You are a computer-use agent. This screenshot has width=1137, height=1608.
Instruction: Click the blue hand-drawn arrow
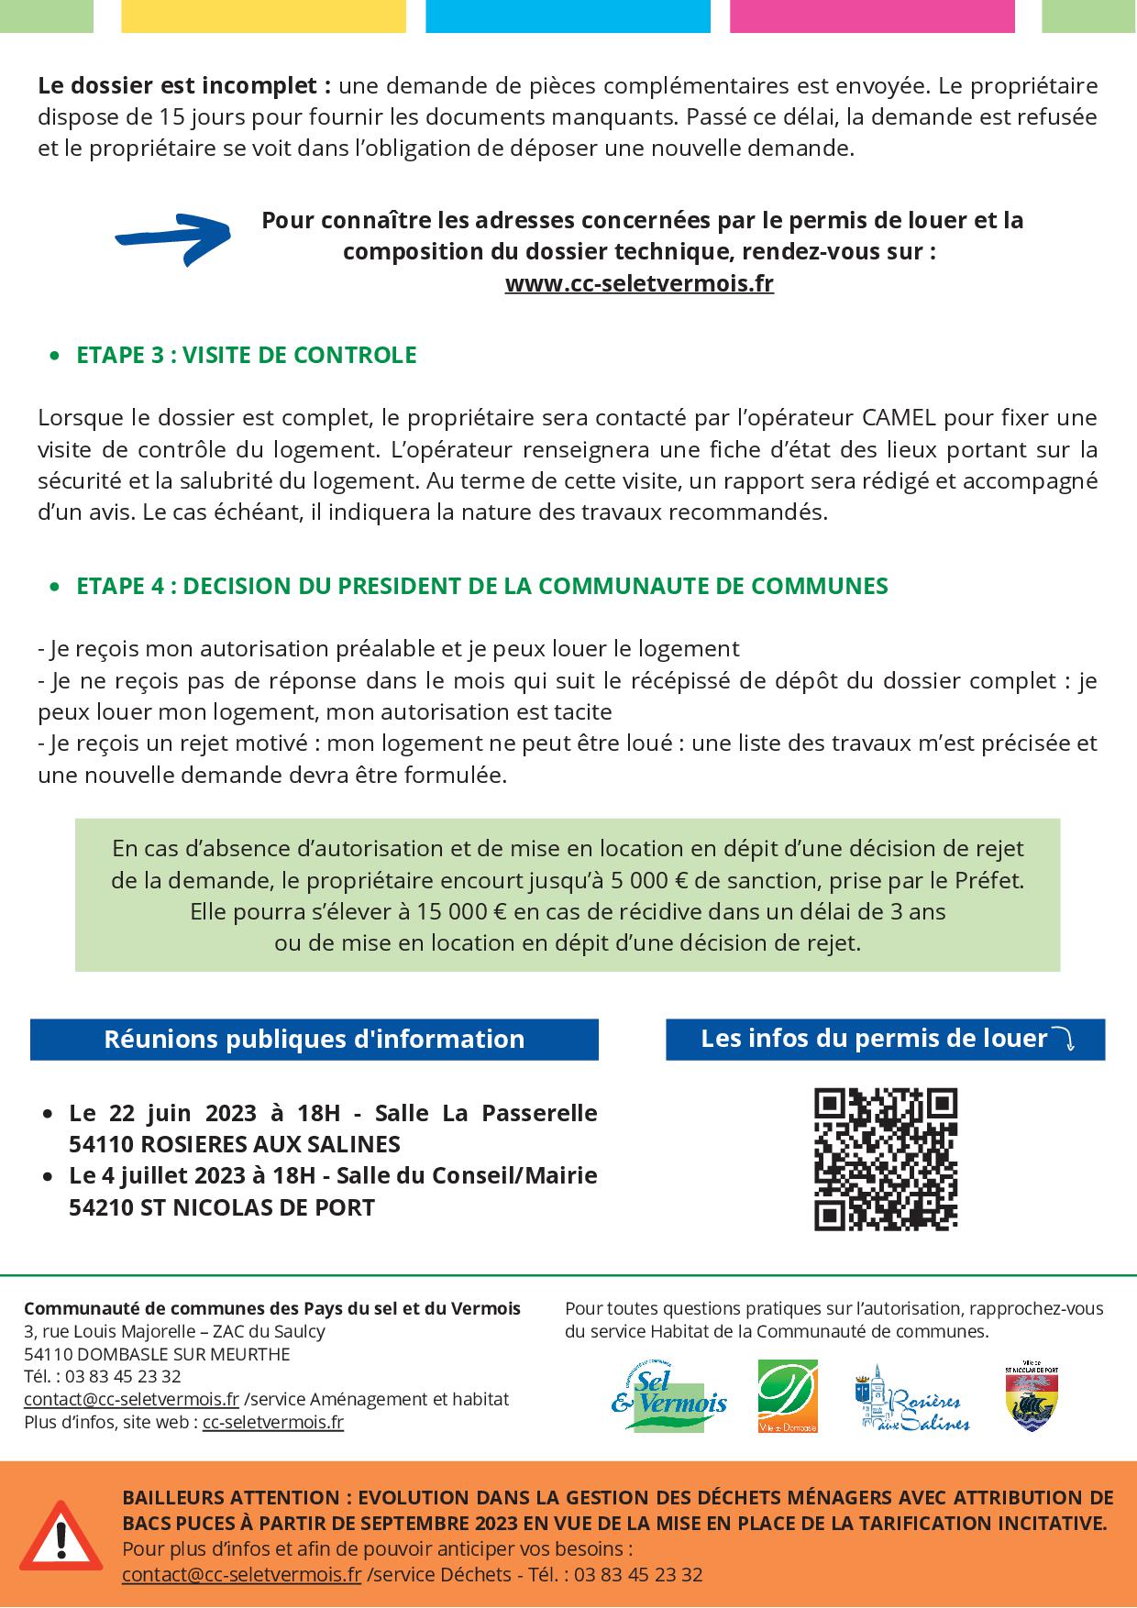pos(172,238)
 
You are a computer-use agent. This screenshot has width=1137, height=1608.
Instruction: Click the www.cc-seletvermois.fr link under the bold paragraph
pos(639,283)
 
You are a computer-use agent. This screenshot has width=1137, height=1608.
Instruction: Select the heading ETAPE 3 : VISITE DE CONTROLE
pos(246,355)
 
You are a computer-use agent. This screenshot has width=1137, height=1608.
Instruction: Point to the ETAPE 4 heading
pos(481,586)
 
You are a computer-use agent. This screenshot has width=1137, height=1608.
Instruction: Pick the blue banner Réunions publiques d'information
pos(314,1040)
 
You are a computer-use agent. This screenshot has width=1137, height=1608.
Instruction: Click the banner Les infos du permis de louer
pos(885,1039)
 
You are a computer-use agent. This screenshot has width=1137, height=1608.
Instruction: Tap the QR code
pos(886,1159)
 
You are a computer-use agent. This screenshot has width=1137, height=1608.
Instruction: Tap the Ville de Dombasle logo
pos(788,1396)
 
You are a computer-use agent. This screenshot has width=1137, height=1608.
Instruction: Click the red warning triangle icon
pos(61,1535)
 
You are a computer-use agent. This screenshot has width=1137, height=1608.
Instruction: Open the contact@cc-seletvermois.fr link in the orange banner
pos(241,1575)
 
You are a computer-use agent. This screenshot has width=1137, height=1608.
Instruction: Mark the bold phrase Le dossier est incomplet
pos(184,86)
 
